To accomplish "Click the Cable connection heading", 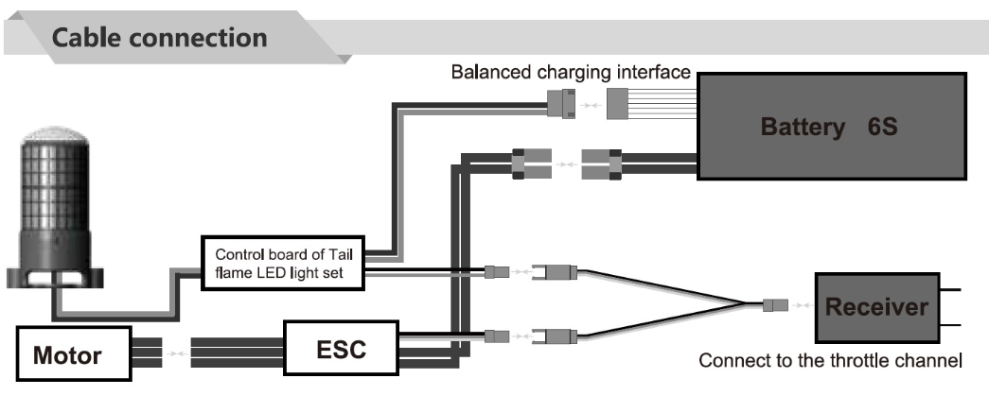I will pos(159,39).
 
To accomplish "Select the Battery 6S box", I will pos(833,125).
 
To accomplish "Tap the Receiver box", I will pos(875,307).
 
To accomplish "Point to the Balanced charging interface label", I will pos(570,72).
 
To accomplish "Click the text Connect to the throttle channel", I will pos(830,360).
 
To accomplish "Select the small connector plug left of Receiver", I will pos(774,305).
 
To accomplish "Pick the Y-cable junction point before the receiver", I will pos(744,304).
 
